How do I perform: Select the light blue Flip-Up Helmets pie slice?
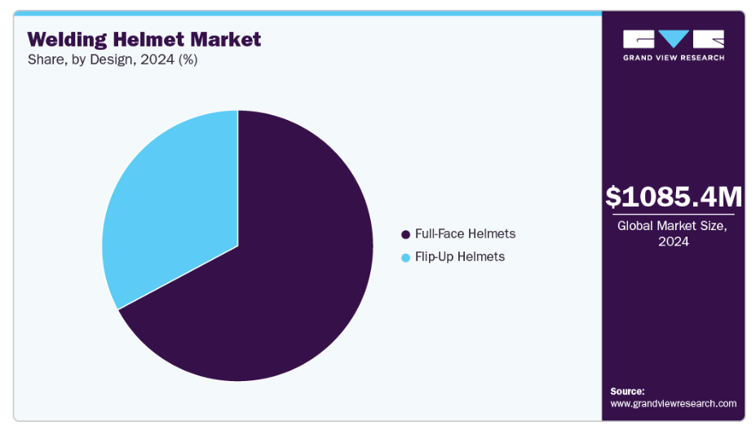click(x=179, y=202)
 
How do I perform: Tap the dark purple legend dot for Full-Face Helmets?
click(x=405, y=234)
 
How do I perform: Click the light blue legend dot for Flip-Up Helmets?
click(x=405, y=258)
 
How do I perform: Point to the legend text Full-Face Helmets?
click(x=466, y=234)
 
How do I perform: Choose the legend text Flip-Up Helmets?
click(x=460, y=257)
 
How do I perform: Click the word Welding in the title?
click(x=67, y=39)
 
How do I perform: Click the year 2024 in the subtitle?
click(x=157, y=60)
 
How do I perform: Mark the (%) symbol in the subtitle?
click(x=188, y=60)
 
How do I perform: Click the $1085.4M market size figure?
click(x=674, y=197)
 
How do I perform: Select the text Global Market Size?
click(x=672, y=226)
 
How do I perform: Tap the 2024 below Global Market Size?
click(x=674, y=242)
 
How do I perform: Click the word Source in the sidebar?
click(x=627, y=391)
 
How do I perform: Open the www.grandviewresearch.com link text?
click(x=673, y=403)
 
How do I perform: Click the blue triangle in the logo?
click(x=674, y=38)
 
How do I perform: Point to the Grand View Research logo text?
click(x=674, y=58)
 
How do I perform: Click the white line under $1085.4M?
click(x=674, y=214)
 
